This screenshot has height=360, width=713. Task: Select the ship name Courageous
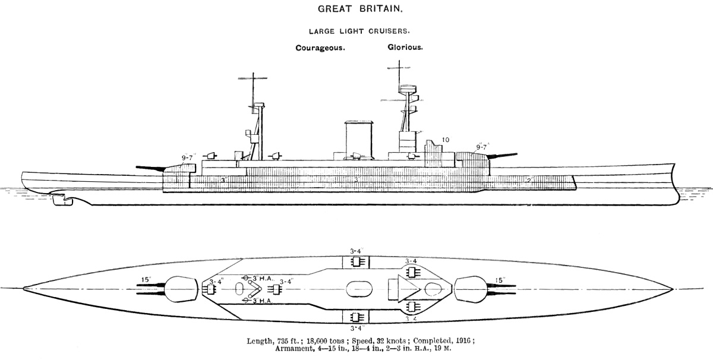(321, 48)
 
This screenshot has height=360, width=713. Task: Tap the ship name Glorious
(405, 48)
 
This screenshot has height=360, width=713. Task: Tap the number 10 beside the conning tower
(446, 140)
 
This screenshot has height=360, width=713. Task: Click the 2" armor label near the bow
(530, 179)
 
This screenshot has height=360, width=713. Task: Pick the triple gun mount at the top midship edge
(357, 263)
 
